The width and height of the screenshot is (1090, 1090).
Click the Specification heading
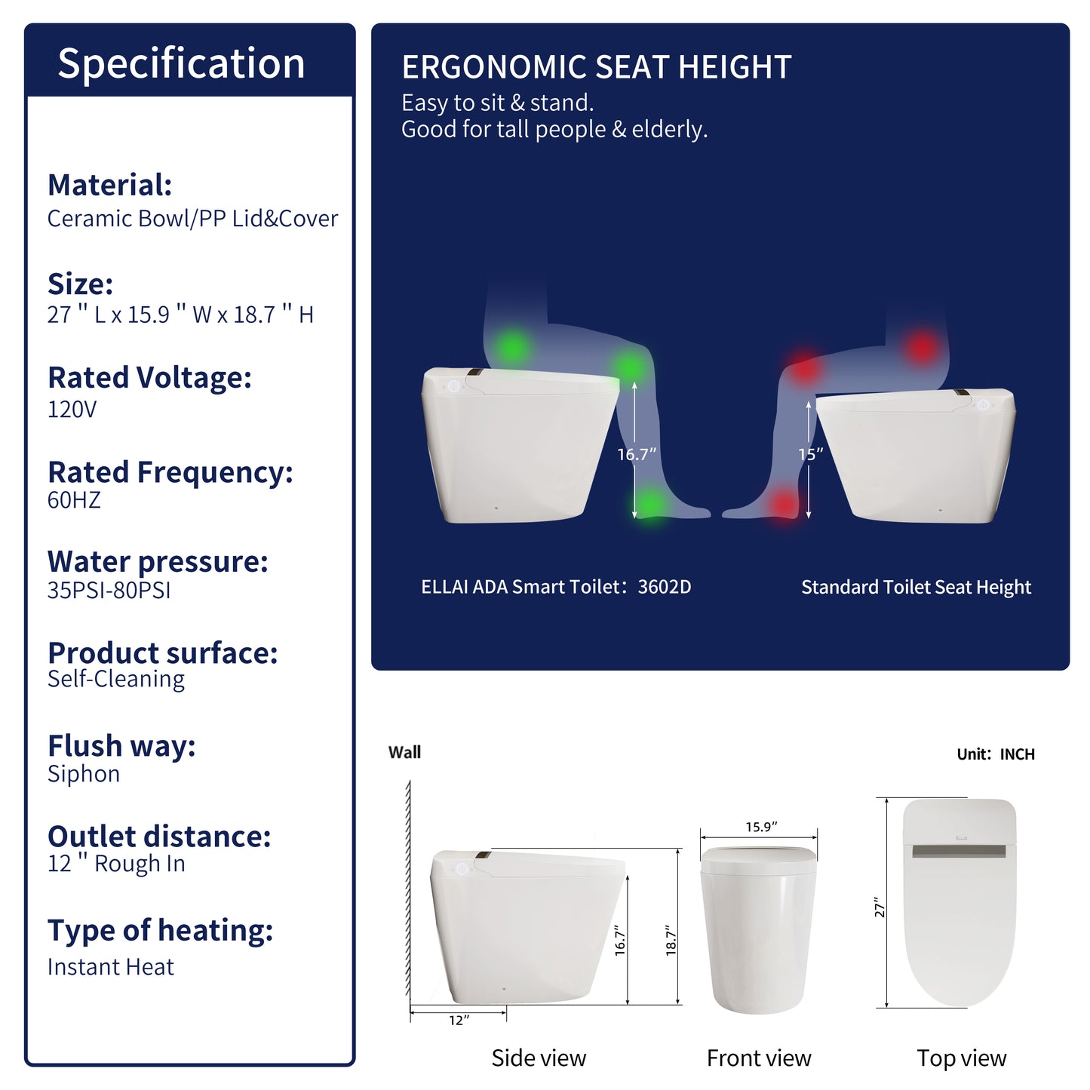tap(181, 63)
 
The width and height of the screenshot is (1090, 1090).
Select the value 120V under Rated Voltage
tap(72, 410)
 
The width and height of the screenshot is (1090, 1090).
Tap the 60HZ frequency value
tap(74, 500)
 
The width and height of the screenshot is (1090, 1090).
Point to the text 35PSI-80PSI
tap(109, 591)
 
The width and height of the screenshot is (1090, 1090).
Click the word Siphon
tap(84, 774)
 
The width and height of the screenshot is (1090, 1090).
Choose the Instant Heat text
tap(110, 967)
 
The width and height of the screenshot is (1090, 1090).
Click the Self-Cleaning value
tap(115, 679)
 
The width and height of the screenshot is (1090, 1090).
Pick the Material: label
tap(109, 186)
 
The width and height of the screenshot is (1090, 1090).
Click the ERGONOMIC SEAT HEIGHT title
tap(596, 68)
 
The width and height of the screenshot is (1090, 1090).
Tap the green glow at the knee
tap(629, 367)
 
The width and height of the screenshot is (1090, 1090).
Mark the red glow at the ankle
tap(784, 503)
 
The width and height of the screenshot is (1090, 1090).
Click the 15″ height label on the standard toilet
tap(810, 455)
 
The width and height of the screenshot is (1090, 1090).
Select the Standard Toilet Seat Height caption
tap(916, 588)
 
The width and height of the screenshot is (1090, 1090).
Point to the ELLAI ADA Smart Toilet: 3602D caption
tap(556, 588)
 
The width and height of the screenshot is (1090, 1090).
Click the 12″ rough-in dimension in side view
tap(459, 1021)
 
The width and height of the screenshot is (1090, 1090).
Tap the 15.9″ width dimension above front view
tap(761, 827)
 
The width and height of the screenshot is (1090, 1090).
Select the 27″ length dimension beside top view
tap(879, 907)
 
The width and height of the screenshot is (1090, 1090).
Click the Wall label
tap(404, 753)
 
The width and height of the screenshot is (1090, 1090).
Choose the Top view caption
tap(961, 1058)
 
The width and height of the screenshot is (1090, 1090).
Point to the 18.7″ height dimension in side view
tap(671, 941)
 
